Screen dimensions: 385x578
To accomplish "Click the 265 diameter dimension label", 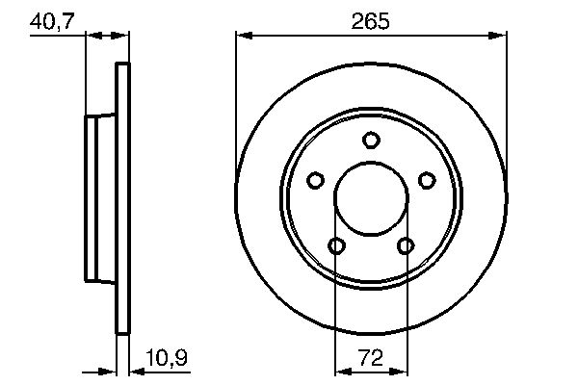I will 371,20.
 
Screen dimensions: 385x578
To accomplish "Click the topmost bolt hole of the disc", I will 371,141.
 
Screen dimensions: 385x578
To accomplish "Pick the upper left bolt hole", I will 315,180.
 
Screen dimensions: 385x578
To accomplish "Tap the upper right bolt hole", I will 427,180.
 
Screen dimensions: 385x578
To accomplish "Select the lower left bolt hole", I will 336,246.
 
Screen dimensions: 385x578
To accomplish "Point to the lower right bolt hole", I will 406,246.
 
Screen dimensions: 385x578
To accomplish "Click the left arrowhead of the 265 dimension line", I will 244,36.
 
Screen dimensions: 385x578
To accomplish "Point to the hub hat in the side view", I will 100,197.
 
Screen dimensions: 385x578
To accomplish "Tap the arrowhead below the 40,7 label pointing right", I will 93,36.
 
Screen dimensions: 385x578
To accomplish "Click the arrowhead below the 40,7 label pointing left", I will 122,36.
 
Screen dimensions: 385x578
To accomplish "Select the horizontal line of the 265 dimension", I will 371,36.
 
